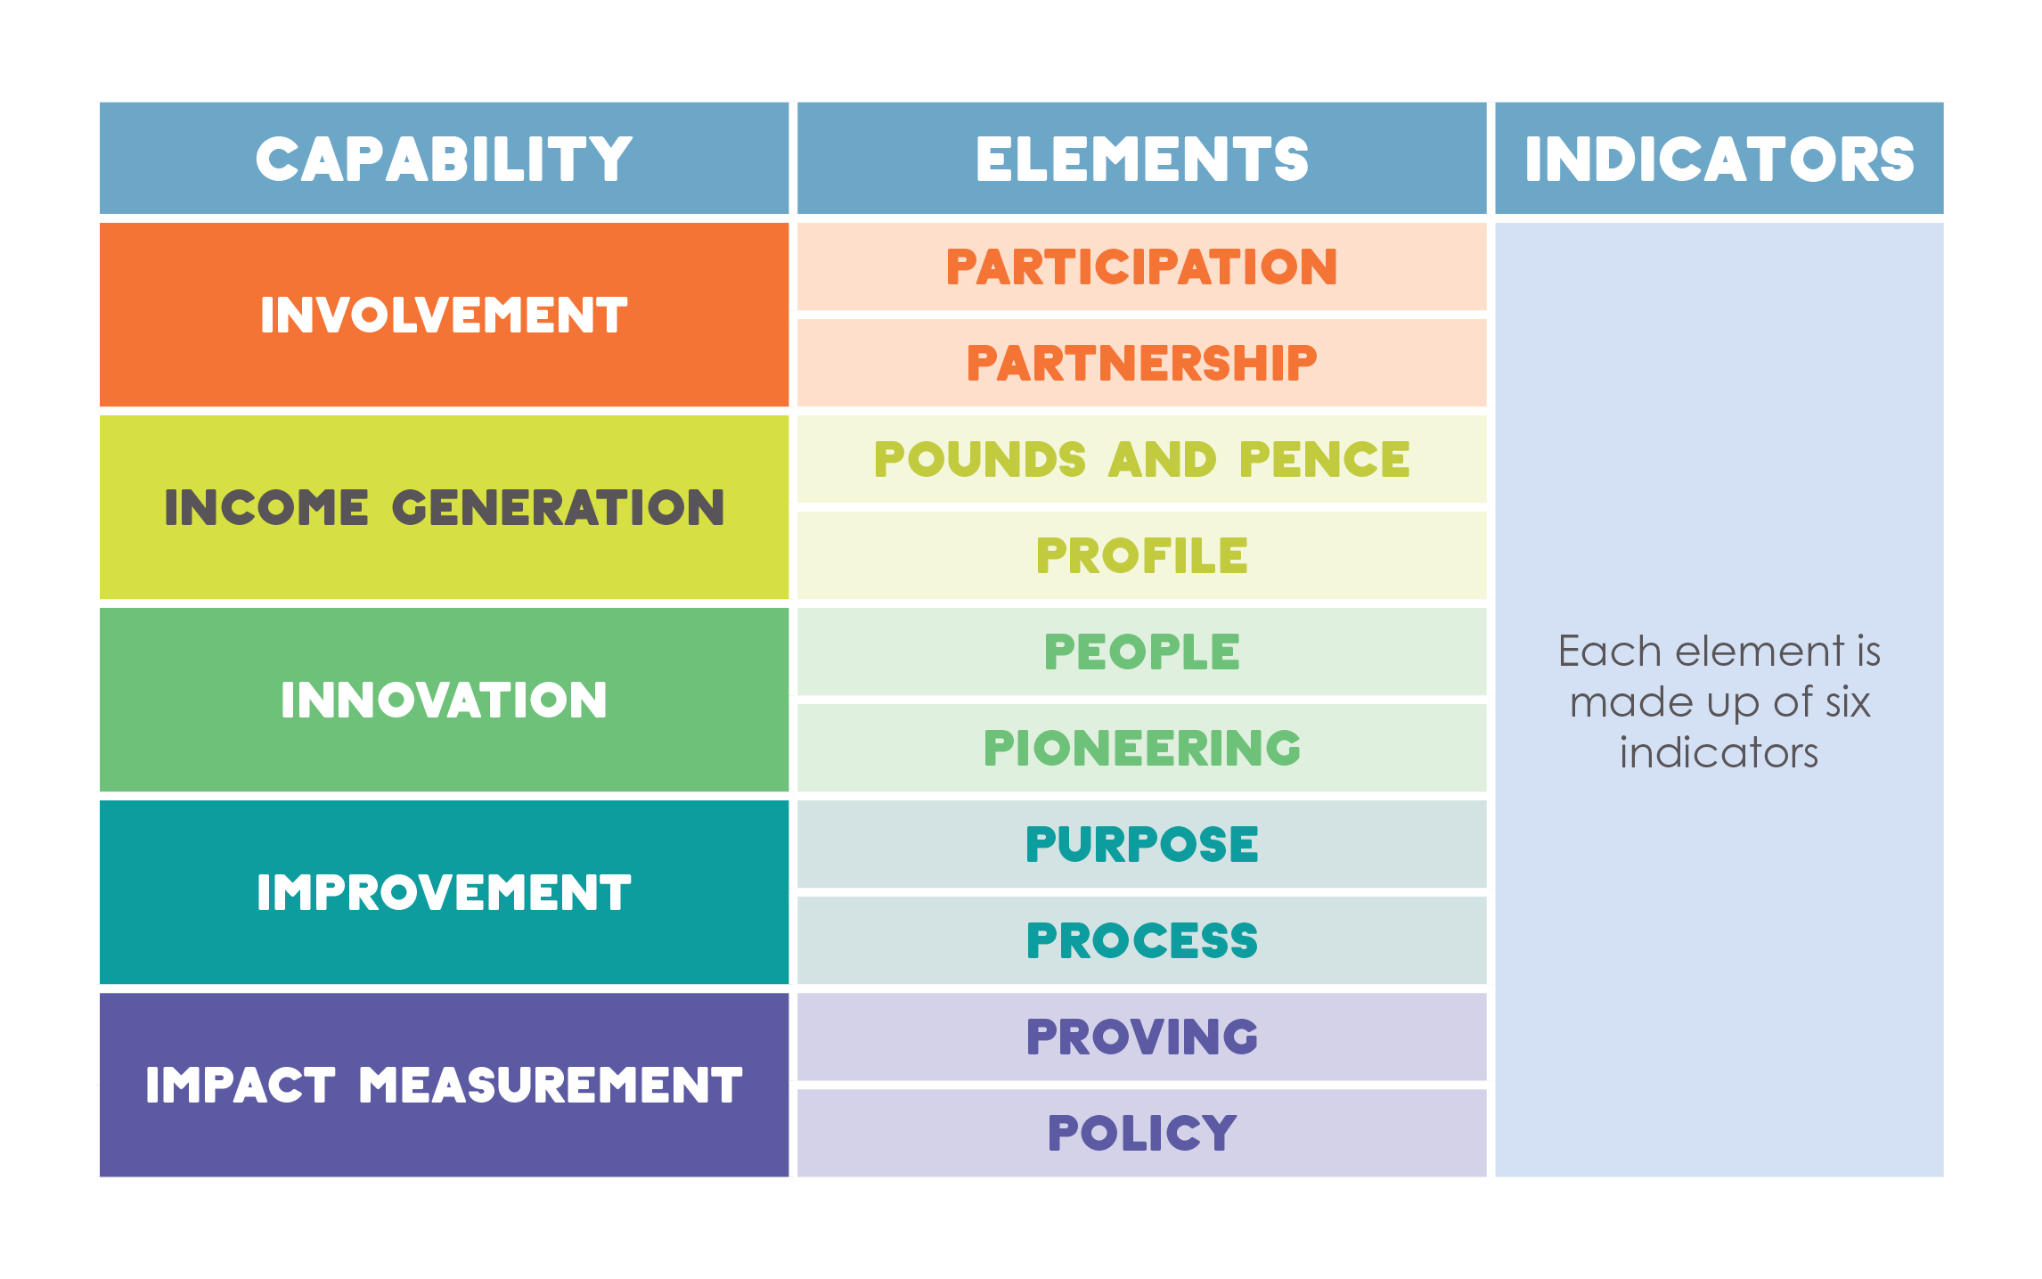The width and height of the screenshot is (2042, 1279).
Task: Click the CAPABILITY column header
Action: click(x=444, y=158)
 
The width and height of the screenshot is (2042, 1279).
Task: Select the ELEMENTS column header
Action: click(x=1141, y=158)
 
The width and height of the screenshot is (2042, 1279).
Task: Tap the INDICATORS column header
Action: click(x=1719, y=158)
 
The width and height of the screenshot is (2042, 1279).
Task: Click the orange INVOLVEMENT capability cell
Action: click(x=444, y=315)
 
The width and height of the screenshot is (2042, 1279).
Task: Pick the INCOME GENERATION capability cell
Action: click(x=444, y=507)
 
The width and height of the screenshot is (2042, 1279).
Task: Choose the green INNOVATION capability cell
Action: click(x=444, y=700)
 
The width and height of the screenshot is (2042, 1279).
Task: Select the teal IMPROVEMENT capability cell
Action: click(x=444, y=892)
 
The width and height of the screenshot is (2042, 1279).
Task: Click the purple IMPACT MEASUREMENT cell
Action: click(x=444, y=1085)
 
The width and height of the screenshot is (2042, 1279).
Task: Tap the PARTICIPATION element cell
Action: click(x=1141, y=266)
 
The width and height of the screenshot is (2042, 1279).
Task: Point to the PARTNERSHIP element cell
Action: click(x=1141, y=363)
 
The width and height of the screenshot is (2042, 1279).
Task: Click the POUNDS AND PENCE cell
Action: click(x=1141, y=459)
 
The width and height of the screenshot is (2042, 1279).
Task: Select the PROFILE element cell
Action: click(x=1141, y=555)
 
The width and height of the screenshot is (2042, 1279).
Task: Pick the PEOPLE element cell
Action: click(x=1141, y=652)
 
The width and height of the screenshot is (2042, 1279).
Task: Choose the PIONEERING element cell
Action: click(x=1141, y=748)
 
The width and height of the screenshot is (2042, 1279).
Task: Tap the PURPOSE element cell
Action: click(x=1141, y=844)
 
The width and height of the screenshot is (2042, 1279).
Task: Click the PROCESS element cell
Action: click(x=1141, y=940)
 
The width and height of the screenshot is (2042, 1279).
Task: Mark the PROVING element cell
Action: click(x=1141, y=1037)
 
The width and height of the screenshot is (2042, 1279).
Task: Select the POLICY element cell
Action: click(x=1141, y=1133)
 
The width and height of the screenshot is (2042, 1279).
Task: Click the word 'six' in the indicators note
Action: click(x=1847, y=702)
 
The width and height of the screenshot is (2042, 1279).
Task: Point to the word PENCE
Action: click(x=1324, y=460)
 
